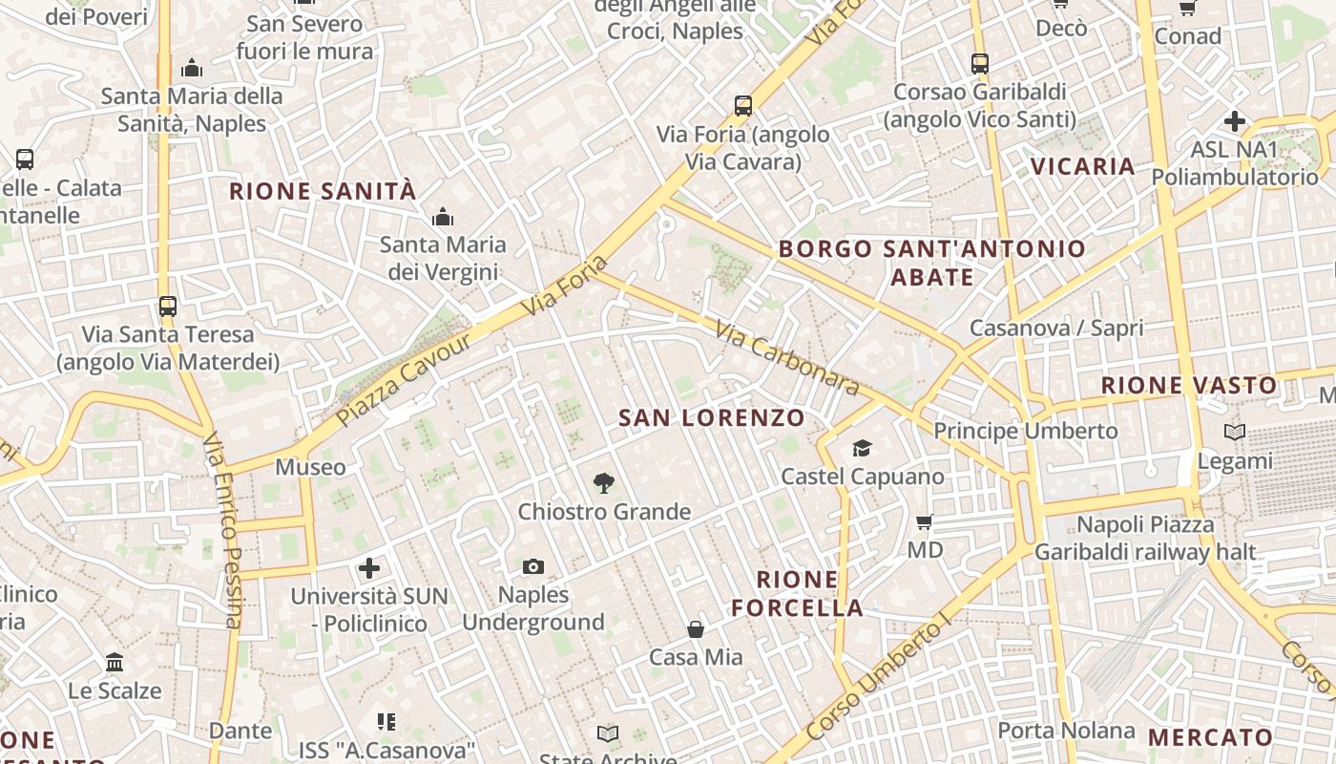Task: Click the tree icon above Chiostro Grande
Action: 603,483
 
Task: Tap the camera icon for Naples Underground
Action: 533,567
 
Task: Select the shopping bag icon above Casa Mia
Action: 696,628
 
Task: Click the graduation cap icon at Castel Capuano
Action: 862,448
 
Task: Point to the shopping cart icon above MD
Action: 924,521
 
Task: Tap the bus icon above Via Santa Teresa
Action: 168,307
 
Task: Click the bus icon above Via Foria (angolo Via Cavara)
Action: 743,106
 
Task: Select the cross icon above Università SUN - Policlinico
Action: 369,569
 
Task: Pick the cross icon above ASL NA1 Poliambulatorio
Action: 1235,121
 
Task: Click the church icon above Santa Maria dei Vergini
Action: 442,217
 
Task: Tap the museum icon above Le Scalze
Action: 115,662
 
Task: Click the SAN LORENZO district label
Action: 712,417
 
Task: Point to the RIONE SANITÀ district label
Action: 323,191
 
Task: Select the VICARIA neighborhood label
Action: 1083,166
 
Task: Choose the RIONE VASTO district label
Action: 1189,386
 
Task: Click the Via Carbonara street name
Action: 787,357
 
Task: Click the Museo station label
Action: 310,467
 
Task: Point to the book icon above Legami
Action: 1235,433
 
